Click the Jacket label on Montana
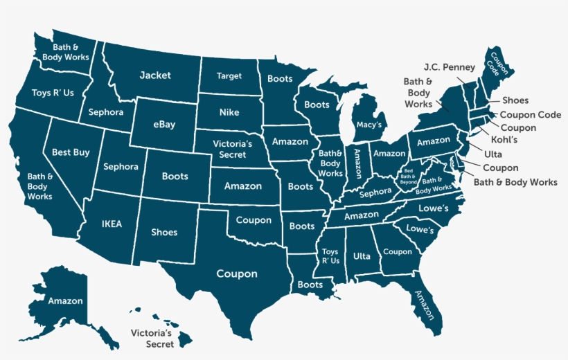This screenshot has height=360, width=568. coord(155,75)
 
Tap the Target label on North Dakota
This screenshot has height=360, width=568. coord(229,76)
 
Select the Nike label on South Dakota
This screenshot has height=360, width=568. coord(229,112)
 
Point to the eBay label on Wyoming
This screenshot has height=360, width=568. coord(163,125)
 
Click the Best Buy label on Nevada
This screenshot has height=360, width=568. coord(71,152)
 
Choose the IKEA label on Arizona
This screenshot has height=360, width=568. coord(112,224)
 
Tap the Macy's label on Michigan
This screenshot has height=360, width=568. coord(369,125)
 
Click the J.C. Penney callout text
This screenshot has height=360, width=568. coord(450,67)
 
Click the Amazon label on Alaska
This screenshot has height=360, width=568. coord(66,301)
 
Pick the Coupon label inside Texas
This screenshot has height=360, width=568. coord(237,273)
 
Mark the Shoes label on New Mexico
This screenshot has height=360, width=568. coord(164,233)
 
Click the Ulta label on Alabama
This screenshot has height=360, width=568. coord(362,256)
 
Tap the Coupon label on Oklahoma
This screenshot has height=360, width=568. coord(254,220)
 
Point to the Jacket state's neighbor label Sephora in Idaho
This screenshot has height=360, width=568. coord(106,112)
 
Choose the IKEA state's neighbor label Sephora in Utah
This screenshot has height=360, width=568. coord(121,167)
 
